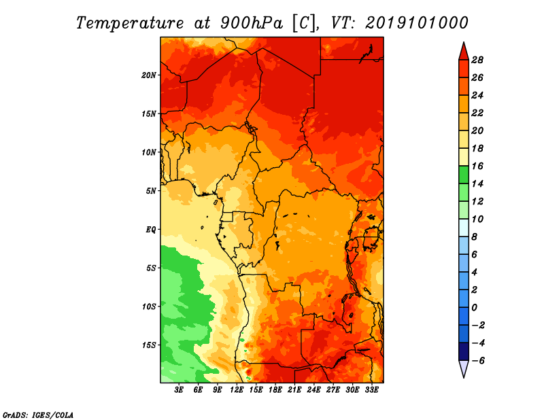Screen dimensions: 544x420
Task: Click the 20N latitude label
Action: point(149,75)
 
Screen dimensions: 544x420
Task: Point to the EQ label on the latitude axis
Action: point(150,229)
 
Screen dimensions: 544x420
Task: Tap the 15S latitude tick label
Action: point(149,345)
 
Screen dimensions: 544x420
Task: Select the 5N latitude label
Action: point(151,191)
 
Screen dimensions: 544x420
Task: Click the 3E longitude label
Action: point(179,389)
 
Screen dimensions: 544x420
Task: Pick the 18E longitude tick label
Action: point(275,389)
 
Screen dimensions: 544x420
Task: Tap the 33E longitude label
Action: point(371,389)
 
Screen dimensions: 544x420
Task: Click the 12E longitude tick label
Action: point(237,389)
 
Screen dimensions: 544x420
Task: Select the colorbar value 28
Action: point(477,60)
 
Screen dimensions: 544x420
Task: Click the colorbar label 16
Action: point(477,166)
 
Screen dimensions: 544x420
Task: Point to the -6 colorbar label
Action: point(477,361)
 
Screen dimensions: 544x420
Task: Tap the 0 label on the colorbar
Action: point(474,308)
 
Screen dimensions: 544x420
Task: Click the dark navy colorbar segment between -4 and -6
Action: point(464,351)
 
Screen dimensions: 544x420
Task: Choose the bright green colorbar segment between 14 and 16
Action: point(464,175)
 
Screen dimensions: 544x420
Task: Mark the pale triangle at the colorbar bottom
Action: point(464,368)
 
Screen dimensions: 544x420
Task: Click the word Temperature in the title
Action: point(129,23)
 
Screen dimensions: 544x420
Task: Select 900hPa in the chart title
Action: point(252,23)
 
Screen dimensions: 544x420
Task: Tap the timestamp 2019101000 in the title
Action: point(417,23)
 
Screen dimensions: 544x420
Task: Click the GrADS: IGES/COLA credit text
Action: point(38,415)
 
